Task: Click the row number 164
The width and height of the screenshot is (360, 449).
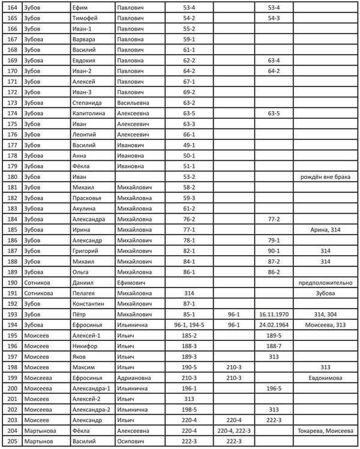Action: pyautogui.click(x=11, y=7)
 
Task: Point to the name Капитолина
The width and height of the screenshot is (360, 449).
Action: pyautogui.click(x=90, y=113)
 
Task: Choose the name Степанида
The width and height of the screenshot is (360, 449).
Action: pyautogui.click(x=88, y=103)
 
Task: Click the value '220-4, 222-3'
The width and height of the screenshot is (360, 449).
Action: pyautogui.click(x=233, y=430)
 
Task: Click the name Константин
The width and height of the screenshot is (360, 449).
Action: pyautogui.click(x=89, y=304)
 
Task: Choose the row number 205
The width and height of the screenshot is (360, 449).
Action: pyautogui.click(x=11, y=441)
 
